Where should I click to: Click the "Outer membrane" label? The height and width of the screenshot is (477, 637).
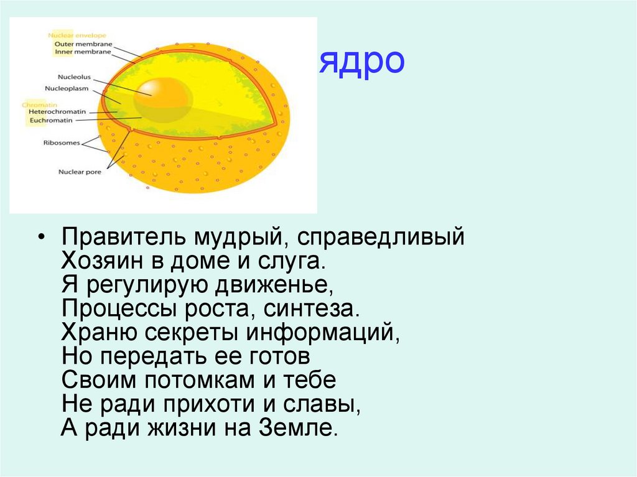tap(83, 44)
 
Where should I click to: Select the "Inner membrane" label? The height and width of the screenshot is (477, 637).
tap(83, 52)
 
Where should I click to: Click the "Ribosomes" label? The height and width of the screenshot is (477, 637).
tap(62, 142)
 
